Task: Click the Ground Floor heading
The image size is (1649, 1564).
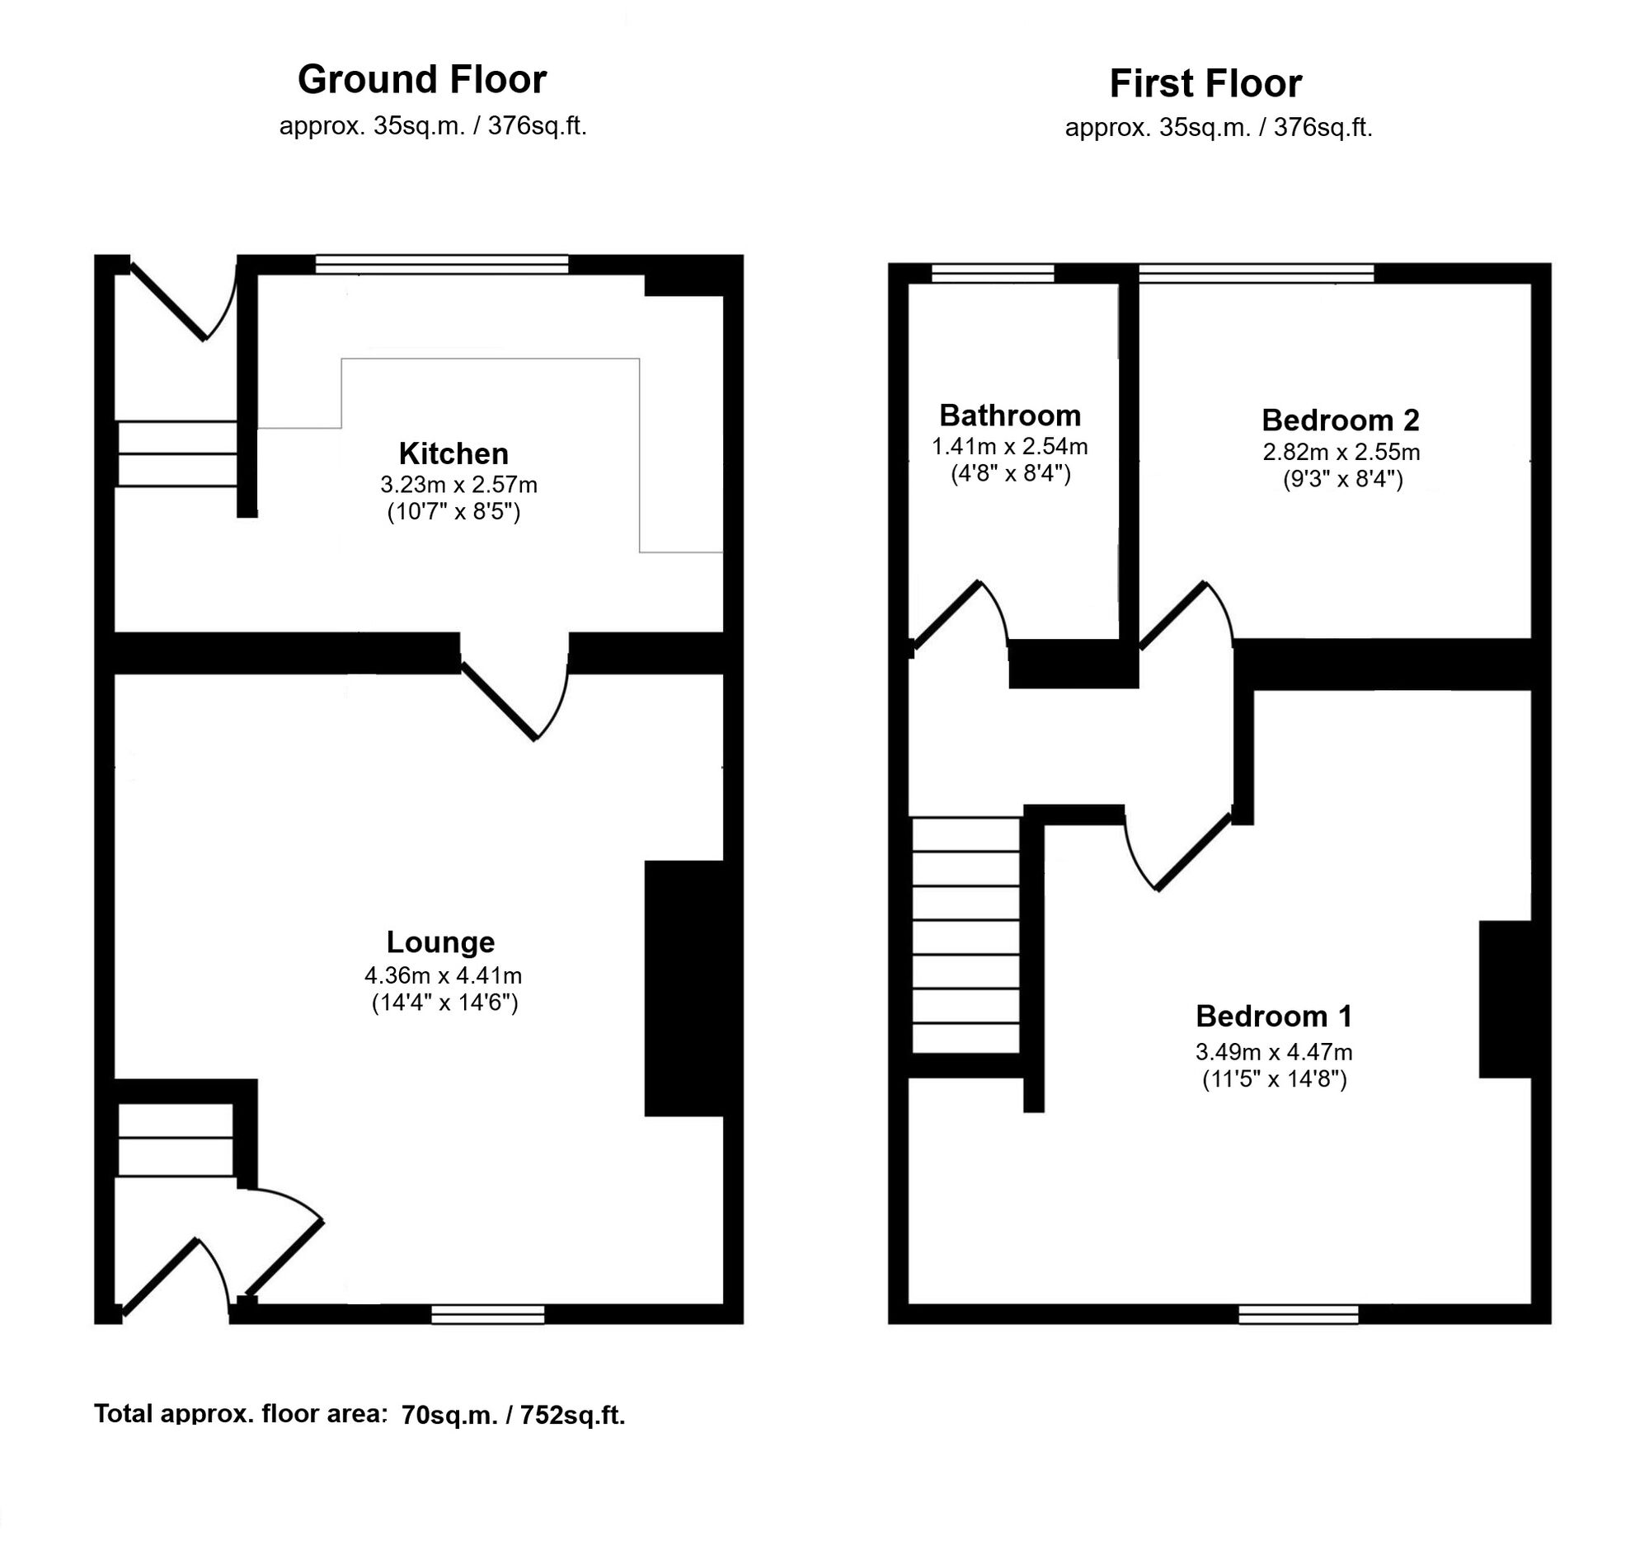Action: (x=422, y=80)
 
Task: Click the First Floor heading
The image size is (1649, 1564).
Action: (x=1205, y=83)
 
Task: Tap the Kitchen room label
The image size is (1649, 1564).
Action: (x=453, y=453)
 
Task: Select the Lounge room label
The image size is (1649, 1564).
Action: (x=440, y=942)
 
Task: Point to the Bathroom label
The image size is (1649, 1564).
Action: (x=1009, y=416)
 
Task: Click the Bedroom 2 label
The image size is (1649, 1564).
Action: (x=1341, y=420)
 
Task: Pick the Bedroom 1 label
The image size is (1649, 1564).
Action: (x=1274, y=1016)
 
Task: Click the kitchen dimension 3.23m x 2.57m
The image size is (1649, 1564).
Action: (x=458, y=485)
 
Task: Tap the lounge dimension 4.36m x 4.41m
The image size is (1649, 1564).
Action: (x=443, y=975)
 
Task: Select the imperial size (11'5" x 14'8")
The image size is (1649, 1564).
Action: (x=1275, y=1079)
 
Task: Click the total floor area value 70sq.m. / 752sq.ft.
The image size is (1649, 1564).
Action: (x=513, y=1415)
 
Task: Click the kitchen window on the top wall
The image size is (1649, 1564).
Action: (x=442, y=265)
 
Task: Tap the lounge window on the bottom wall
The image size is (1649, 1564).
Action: (x=488, y=1315)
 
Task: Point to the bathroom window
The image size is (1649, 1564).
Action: (x=992, y=274)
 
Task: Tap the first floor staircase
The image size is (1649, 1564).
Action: (x=966, y=936)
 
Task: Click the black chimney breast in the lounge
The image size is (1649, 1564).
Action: (x=684, y=988)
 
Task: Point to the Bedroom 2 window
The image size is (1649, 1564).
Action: (x=1257, y=274)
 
